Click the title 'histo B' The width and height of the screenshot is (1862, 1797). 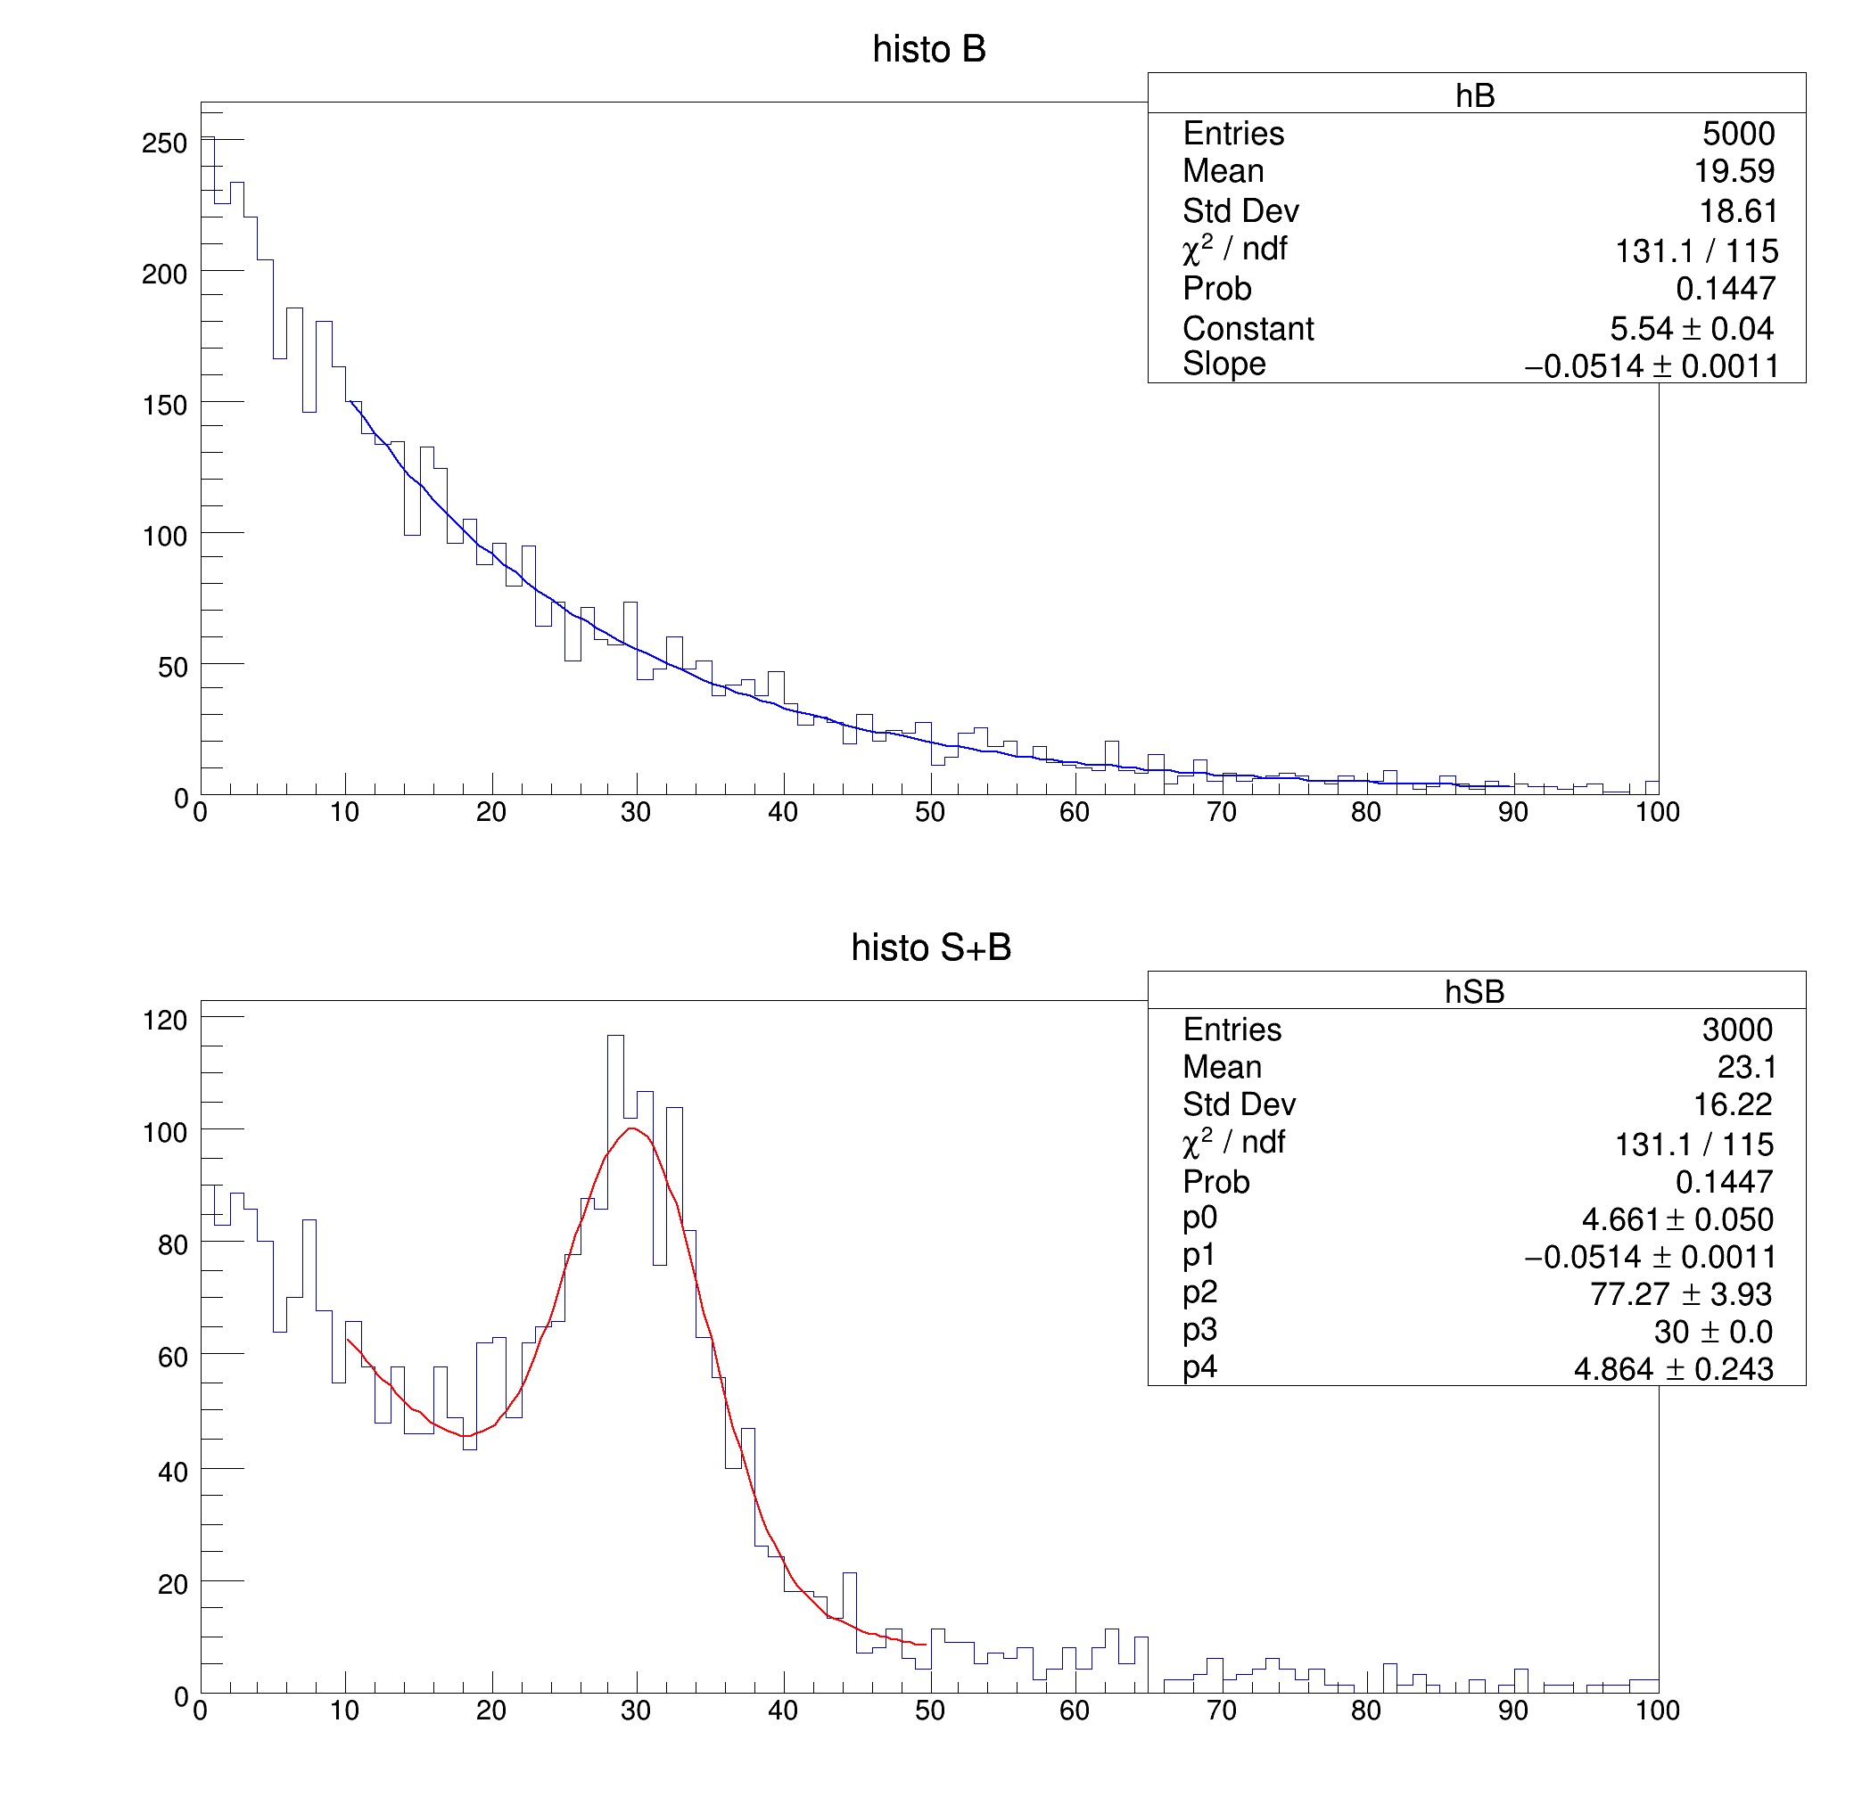pyautogui.click(x=929, y=49)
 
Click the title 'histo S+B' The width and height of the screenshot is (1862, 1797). pyautogui.click(x=931, y=947)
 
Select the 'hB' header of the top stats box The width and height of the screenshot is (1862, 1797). pyautogui.click(x=1475, y=95)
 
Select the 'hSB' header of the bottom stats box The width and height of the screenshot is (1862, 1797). pyautogui.click(x=1474, y=991)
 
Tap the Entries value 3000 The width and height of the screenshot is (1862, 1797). pyautogui.click(x=1737, y=1030)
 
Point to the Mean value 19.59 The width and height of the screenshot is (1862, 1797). pyautogui.click(x=1734, y=171)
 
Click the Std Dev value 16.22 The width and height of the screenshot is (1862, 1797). pyautogui.click(x=1733, y=1104)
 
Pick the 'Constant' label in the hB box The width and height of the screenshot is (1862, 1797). pyautogui.click(x=1248, y=329)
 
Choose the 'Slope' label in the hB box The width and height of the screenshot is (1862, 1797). pyautogui.click(x=1224, y=364)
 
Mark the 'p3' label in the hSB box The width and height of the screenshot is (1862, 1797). pyautogui.click(x=1199, y=1330)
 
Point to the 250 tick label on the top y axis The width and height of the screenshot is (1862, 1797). pyautogui.click(x=164, y=144)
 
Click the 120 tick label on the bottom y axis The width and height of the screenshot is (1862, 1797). pyautogui.click(x=164, y=1020)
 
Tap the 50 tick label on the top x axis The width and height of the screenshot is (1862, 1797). pyautogui.click(x=930, y=812)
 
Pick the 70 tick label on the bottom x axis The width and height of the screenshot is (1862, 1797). pyautogui.click(x=1222, y=1711)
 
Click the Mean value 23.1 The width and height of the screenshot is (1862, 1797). pyautogui.click(x=1747, y=1068)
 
